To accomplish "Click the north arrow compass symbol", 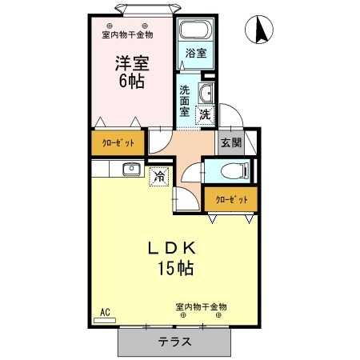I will pyautogui.click(x=262, y=32).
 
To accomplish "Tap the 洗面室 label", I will pyautogui.click(x=185, y=101).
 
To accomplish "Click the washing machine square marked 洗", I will pyautogui.click(x=205, y=114).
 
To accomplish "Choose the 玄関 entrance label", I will pyautogui.click(x=230, y=142).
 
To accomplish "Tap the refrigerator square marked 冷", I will pyautogui.click(x=159, y=175).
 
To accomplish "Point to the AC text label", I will pyautogui.click(x=104, y=311).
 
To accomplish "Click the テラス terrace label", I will pyautogui.click(x=174, y=342).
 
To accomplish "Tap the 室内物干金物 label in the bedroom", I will pyautogui.click(x=127, y=34).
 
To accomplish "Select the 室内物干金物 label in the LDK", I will pyautogui.click(x=201, y=306).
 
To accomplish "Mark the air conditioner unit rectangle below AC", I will pyautogui.click(x=105, y=320).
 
